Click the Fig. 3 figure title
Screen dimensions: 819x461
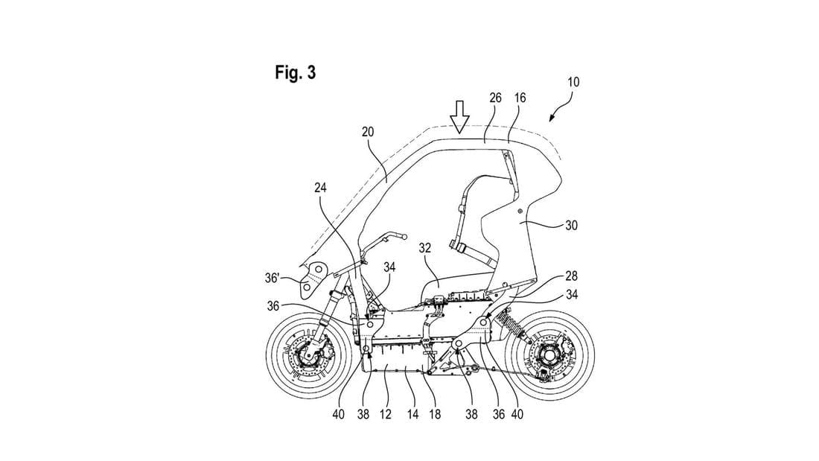[295, 72]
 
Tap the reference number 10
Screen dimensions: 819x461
[573, 82]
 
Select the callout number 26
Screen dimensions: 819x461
[495, 98]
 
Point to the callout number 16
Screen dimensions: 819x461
[520, 98]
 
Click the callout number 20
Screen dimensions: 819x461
[368, 132]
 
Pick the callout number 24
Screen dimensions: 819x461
[320, 187]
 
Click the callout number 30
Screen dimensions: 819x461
[571, 225]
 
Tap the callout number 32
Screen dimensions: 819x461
[424, 248]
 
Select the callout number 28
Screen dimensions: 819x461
[571, 276]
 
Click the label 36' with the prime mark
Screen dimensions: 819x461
[273, 278]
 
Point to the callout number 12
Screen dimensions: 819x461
[386, 415]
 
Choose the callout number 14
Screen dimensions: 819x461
[412, 415]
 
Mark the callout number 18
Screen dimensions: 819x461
[435, 415]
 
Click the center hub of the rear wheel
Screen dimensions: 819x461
[549, 355]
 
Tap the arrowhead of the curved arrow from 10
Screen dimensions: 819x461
[552, 118]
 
